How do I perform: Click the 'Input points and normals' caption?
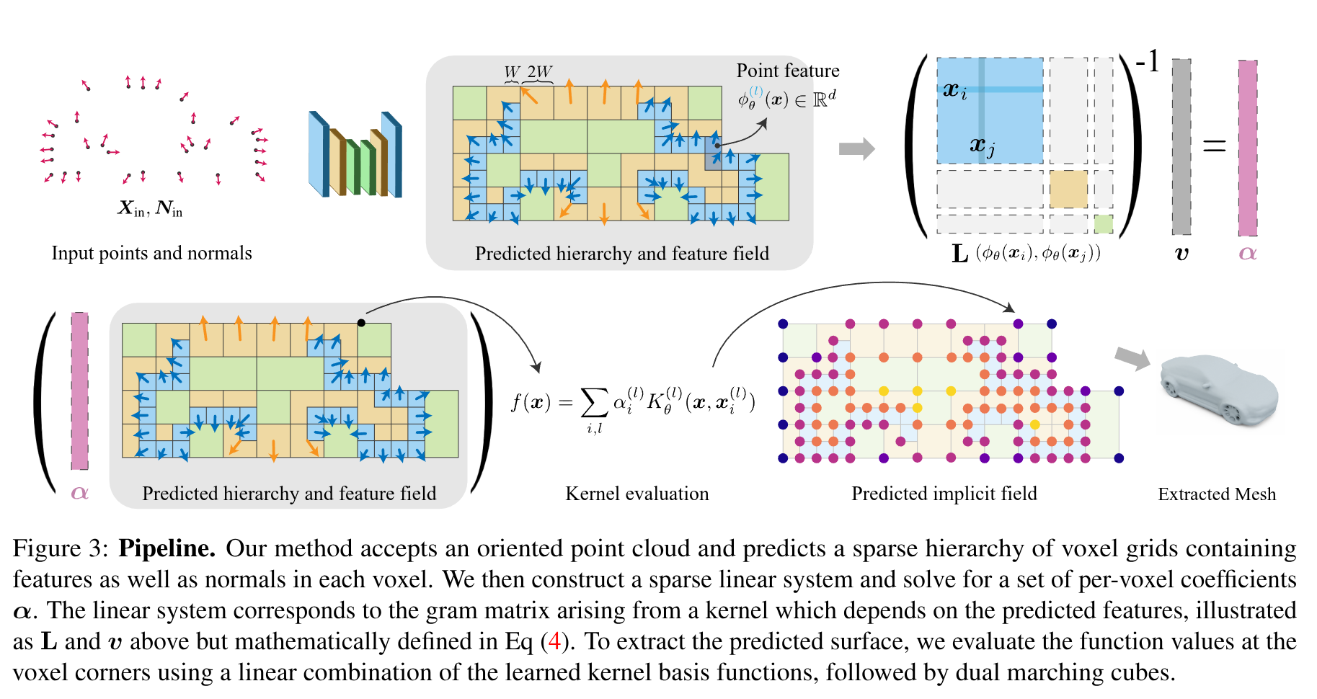click(151, 253)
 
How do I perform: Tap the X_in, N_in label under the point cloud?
click(151, 209)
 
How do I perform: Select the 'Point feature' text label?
click(788, 71)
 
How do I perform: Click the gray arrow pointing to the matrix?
click(856, 149)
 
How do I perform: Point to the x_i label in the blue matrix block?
click(954, 90)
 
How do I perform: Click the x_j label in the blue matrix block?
click(982, 146)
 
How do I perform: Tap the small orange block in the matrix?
click(1068, 189)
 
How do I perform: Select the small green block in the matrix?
click(1103, 223)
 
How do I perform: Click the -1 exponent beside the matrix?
click(1147, 62)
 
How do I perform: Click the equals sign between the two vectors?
click(1214, 147)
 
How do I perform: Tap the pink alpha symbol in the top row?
click(1248, 253)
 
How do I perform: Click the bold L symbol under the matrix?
click(959, 254)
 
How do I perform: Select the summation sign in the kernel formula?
click(594, 403)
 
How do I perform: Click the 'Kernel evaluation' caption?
click(637, 494)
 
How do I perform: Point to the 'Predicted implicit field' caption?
click(944, 494)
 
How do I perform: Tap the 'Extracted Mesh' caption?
click(1217, 494)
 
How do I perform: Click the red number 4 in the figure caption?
click(554, 641)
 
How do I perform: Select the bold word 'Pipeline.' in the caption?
click(167, 548)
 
